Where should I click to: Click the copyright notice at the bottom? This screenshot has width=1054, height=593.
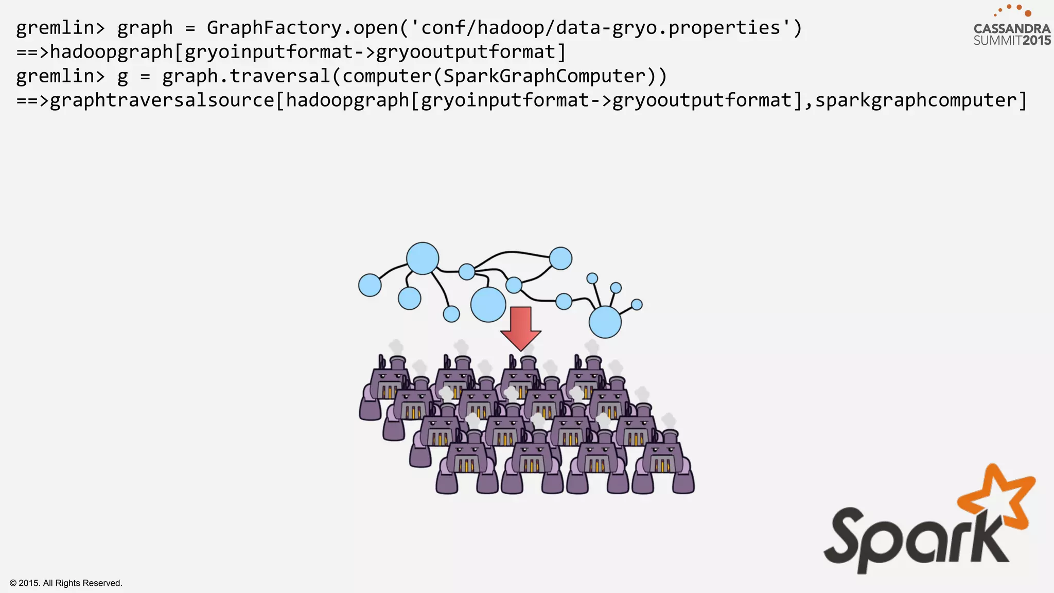66,583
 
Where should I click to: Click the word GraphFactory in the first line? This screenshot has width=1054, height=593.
274,28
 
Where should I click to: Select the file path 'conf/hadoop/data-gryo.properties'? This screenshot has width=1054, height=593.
600,28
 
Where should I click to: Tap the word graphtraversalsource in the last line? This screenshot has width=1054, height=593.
162,100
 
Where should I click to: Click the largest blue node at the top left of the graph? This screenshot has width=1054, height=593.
423,258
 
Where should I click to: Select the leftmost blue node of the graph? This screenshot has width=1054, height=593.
370,285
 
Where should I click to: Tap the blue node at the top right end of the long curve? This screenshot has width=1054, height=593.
560,258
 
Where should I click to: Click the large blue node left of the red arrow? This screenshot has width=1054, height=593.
488,305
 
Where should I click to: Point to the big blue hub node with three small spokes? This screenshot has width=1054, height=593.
605,322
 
